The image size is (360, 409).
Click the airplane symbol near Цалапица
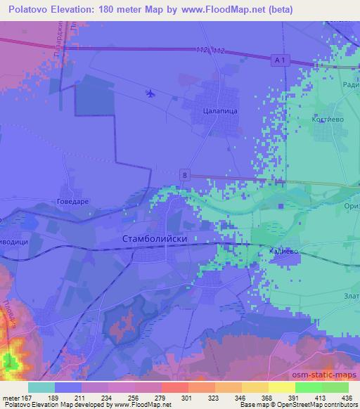(149, 92)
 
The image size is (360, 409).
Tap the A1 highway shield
(280, 61)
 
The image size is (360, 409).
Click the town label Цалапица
(218, 110)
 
